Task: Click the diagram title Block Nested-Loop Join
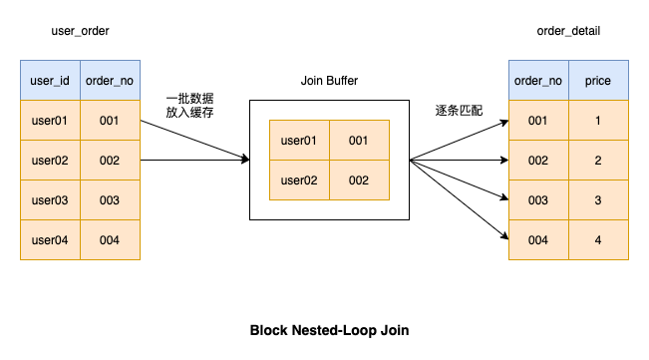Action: click(x=329, y=330)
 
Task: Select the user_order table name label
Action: click(x=80, y=31)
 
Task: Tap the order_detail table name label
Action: click(x=568, y=31)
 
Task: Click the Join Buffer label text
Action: click(x=329, y=80)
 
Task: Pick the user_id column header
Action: click(x=50, y=80)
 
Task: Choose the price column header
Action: click(x=598, y=80)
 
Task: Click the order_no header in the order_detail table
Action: click(x=538, y=80)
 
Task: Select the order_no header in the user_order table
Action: click(x=110, y=80)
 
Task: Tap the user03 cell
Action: click(x=50, y=200)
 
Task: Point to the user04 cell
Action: click(x=50, y=240)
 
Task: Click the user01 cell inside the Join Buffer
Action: click(x=299, y=141)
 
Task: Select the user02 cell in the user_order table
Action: click(x=50, y=160)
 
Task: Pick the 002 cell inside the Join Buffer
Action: click(x=359, y=180)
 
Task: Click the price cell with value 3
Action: click(x=598, y=200)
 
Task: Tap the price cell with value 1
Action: click(x=598, y=121)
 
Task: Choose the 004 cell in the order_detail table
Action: click(x=538, y=240)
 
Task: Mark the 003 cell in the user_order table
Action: click(x=110, y=200)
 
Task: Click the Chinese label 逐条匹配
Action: click(x=459, y=110)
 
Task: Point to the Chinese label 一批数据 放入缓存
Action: click(x=190, y=106)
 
